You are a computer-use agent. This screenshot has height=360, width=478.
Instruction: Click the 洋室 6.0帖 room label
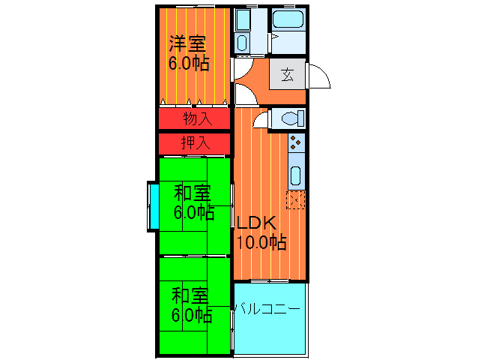pos(188,53)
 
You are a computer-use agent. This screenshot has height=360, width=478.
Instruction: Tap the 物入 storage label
pos(196,118)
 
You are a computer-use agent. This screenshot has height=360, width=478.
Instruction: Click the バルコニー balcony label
pos(267,308)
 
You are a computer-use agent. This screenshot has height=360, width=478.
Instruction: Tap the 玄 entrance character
pos(288,74)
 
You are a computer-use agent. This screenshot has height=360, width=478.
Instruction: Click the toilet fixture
pos(288,118)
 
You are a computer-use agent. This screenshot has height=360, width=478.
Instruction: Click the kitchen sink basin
pos(295,177)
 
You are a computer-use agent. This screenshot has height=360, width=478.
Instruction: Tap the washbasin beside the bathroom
pos(243,41)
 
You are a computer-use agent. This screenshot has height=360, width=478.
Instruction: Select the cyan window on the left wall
pos(153,206)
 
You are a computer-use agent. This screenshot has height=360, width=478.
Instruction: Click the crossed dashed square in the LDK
pos(295,199)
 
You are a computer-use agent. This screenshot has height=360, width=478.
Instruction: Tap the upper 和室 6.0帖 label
pos(193,201)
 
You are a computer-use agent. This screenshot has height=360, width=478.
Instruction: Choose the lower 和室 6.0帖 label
pos(191,304)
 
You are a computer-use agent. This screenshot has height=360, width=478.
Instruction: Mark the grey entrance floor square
pos(288,74)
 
